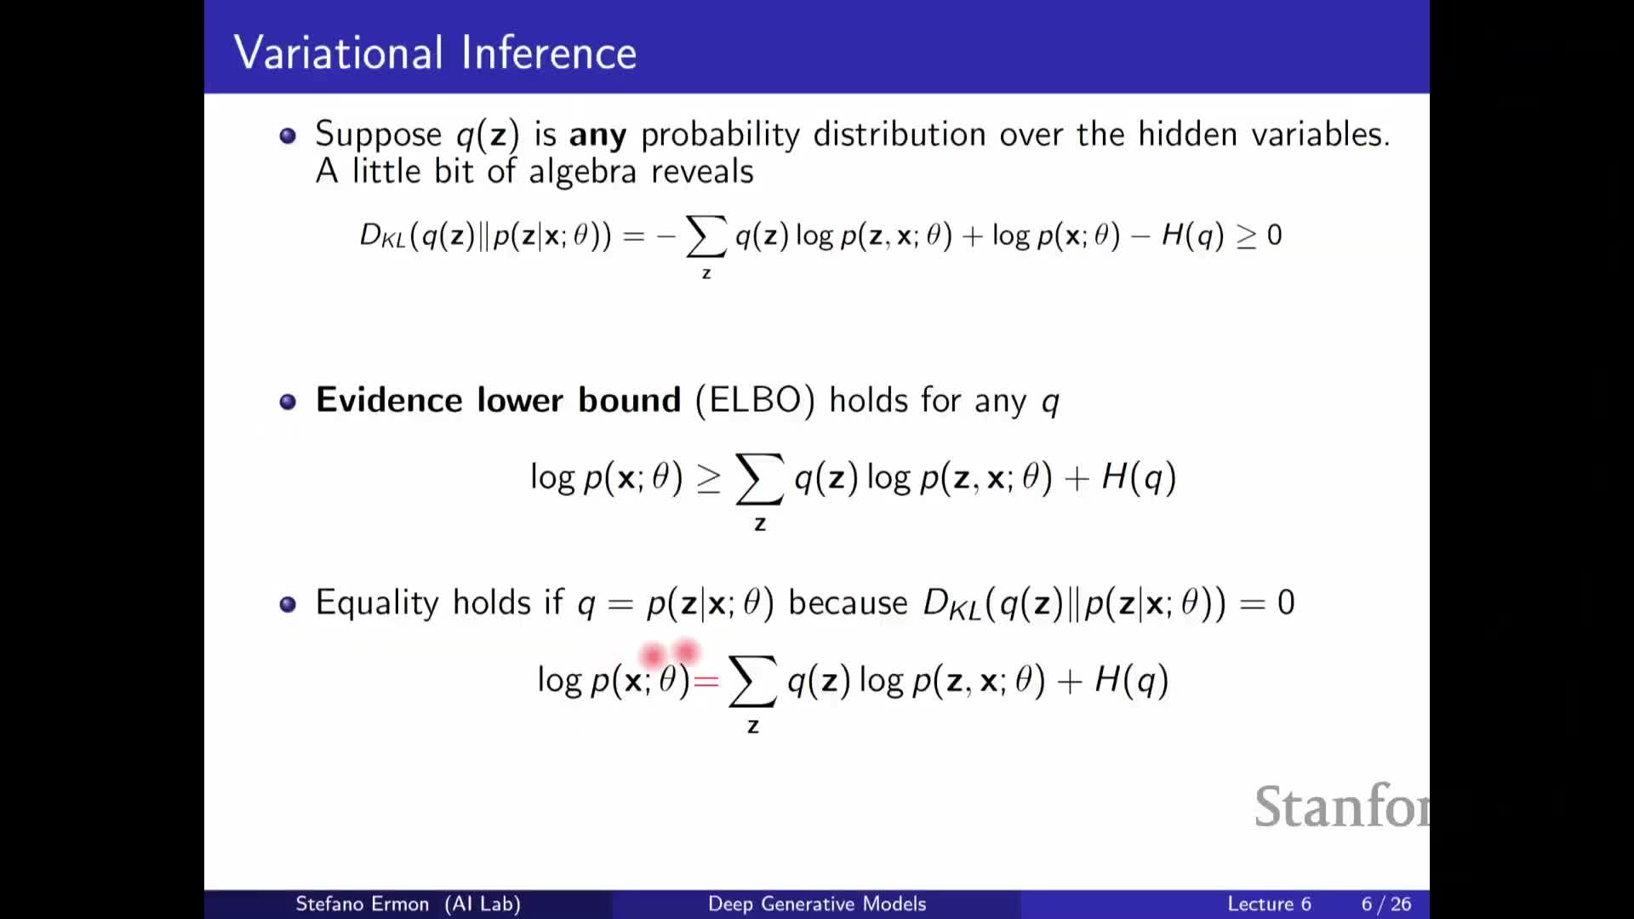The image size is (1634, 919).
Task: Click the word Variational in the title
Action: click(339, 52)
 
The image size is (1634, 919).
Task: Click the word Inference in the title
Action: click(550, 52)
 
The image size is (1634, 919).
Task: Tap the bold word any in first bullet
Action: click(597, 135)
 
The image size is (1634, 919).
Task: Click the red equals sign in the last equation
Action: click(706, 681)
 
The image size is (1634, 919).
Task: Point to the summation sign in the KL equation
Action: click(706, 236)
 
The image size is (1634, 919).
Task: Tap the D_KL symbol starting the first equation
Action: click(382, 236)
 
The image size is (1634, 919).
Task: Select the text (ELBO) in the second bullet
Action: click(755, 400)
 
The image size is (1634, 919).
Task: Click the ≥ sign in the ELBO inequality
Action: click(709, 479)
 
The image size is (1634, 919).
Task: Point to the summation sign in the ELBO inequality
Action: click(759, 479)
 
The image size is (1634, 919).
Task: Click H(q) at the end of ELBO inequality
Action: click(1139, 477)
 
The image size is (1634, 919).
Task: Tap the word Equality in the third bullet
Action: click(377, 603)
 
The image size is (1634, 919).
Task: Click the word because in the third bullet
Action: click(848, 602)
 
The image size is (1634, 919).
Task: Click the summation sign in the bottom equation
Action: click(752, 682)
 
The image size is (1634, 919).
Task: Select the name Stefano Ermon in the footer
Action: click(362, 904)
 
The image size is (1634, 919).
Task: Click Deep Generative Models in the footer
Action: click(817, 904)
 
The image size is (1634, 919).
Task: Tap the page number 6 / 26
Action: click(1386, 904)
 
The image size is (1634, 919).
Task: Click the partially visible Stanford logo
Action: click(1342, 806)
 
